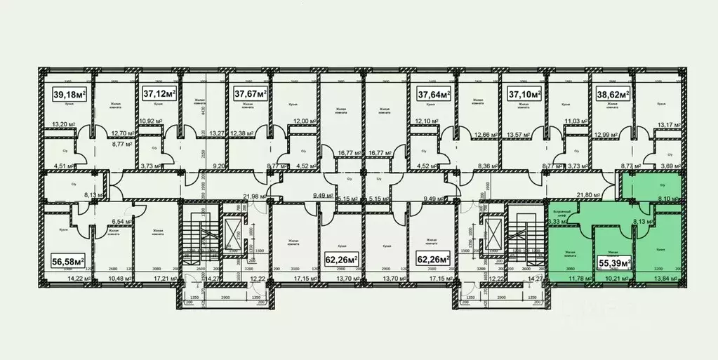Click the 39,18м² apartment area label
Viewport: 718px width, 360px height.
point(69,94)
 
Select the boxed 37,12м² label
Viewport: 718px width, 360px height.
point(159,93)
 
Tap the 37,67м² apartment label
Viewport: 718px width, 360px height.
point(251,93)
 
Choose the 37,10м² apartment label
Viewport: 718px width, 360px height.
point(524,93)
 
